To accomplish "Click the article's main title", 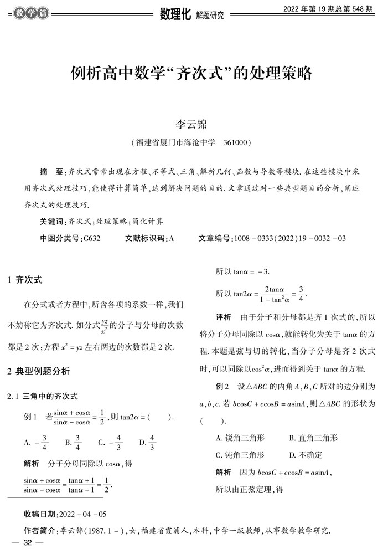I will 191,73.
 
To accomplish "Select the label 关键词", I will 53,221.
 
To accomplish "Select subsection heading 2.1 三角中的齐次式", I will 42,396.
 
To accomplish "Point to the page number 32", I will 27,543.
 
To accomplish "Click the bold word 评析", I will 223,317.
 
